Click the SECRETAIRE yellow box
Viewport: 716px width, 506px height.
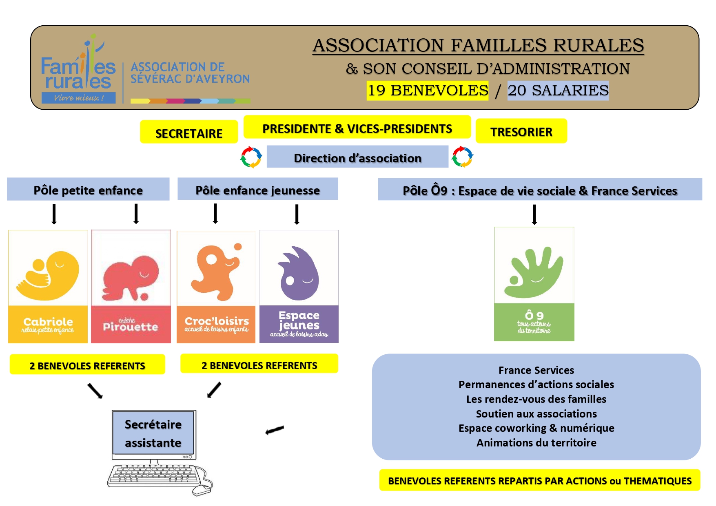188,132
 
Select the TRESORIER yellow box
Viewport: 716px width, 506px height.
521,131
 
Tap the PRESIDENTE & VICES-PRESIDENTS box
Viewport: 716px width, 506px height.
357,128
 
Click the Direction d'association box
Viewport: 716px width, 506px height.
357,157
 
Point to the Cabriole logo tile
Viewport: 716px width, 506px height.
48,287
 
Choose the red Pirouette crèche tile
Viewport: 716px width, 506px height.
131,287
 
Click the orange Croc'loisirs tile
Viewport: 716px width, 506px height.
216,287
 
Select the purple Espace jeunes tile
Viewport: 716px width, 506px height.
299,287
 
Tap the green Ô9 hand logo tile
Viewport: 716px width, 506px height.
534,284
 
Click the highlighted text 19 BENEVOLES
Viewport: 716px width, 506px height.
428,90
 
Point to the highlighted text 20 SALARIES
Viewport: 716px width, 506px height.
558,90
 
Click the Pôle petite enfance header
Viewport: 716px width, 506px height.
88,190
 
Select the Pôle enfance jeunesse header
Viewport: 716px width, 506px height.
257,190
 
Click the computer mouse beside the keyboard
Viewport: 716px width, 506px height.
202,490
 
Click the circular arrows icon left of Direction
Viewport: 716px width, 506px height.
251,157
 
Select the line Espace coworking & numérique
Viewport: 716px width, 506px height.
536,428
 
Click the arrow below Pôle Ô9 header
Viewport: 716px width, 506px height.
534,214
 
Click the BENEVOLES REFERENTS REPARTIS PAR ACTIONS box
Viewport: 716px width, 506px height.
539,480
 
